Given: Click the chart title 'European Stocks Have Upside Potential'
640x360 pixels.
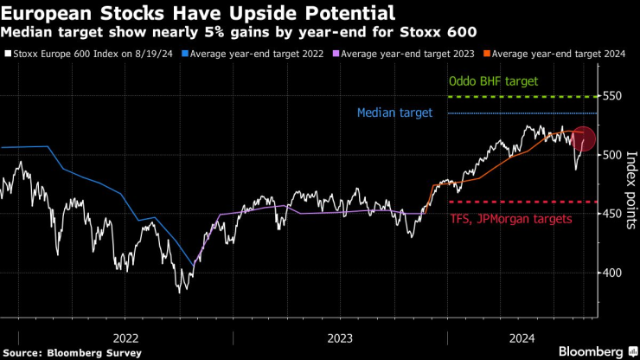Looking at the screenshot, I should coord(201,13).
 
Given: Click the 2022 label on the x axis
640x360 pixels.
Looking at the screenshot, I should coord(126,337).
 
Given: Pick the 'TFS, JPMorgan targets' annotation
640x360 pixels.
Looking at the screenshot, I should coord(511,219).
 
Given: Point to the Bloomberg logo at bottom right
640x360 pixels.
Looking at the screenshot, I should coord(592,350).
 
